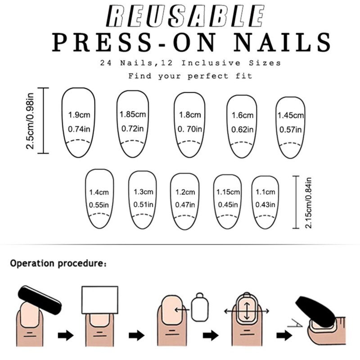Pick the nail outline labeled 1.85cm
click(132, 122)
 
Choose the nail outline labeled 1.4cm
click(99, 198)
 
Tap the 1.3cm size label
click(144, 192)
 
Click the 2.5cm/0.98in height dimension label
click(31, 120)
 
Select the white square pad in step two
click(99, 300)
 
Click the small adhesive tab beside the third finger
click(201, 308)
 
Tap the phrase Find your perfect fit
click(190, 76)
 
